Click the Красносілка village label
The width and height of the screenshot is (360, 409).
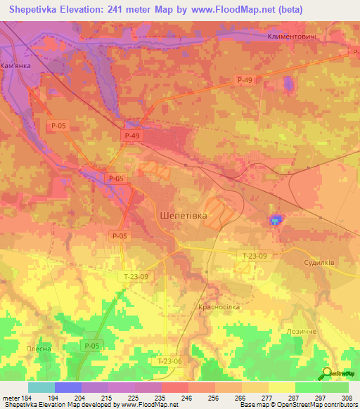click(220, 307)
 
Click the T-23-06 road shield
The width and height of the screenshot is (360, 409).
click(169, 361)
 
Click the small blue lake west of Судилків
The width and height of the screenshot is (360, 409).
click(275, 221)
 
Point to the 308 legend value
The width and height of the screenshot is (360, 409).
click(347, 398)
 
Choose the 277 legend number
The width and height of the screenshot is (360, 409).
click(268, 398)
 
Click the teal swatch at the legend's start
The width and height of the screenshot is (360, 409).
click(41, 387)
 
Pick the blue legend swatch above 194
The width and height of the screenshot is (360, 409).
click(67, 387)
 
